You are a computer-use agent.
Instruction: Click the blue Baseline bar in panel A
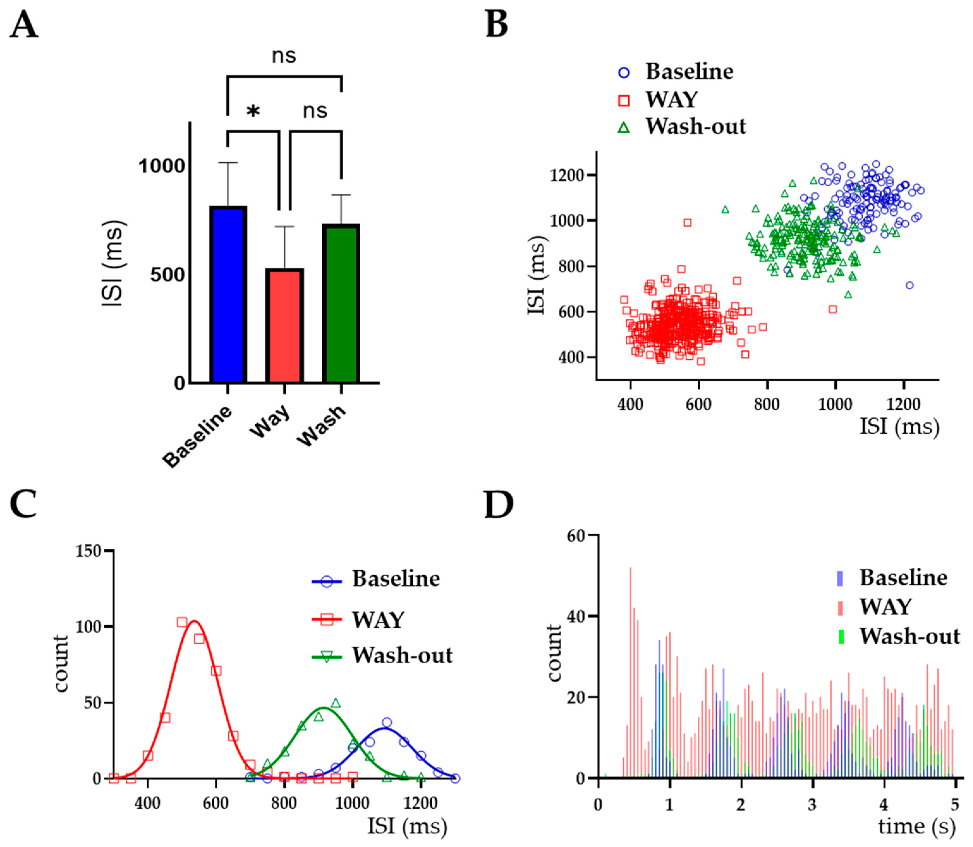(x=228, y=295)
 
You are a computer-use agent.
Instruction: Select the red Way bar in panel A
(x=284, y=326)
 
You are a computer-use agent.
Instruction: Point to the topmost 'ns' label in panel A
(x=284, y=56)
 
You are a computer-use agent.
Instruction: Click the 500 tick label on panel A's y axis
(x=167, y=275)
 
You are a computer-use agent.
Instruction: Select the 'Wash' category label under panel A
(x=321, y=425)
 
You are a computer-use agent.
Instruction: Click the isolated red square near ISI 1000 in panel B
(x=687, y=223)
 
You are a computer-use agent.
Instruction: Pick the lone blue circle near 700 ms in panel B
(x=909, y=285)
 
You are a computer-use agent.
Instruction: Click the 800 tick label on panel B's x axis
(x=766, y=405)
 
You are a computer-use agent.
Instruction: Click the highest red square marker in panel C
(x=182, y=622)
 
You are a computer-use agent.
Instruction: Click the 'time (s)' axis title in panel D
(x=916, y=826)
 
